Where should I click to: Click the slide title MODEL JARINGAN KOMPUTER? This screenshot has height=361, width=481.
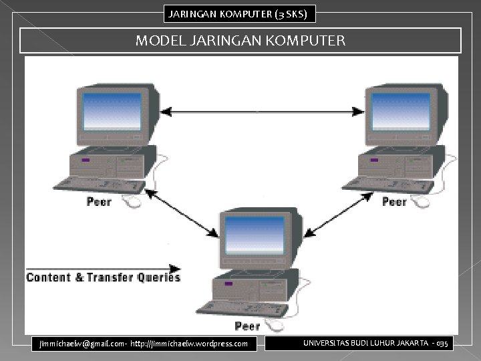click(240, 41)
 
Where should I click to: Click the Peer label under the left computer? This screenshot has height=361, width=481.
click(99, 201)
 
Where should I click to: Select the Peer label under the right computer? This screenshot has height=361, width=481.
click(394, 201)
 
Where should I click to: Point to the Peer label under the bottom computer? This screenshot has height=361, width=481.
click(247, 326)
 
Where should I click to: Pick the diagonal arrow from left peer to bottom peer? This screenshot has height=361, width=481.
click(182, 213)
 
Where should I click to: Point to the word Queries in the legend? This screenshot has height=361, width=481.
click(158, 277)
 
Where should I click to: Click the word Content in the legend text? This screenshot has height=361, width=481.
click(48, 277)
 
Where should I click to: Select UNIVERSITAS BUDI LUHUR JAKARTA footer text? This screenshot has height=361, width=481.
click(366, 343)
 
